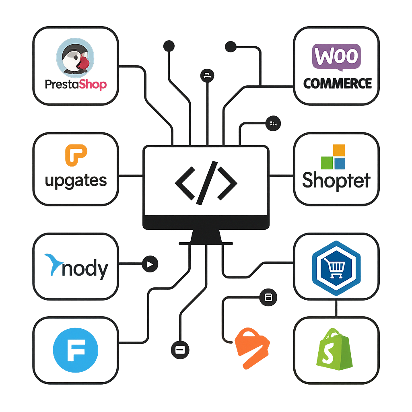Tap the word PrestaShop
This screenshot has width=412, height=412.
tap(76, 85)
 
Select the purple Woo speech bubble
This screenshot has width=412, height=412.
tap(336, 56)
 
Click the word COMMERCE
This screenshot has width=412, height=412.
tap(337, 83)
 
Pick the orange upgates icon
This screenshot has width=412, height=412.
tap(76, 155)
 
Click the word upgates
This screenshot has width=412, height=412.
tap(76, 181)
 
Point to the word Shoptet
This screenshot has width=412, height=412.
tap(336, 180)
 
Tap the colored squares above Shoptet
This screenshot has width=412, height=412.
tap(334, 157)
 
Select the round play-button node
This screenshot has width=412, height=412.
tap(150, 264)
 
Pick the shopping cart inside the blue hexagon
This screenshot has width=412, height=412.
tap(336, 267)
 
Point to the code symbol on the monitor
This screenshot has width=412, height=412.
tap(206, 181)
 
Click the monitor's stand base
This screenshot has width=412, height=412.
tap(206, 243)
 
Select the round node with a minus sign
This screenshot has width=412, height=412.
tap(179, 350)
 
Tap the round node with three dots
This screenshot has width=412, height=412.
tap(273, 123)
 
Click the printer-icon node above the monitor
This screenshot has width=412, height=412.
tap(207, 75)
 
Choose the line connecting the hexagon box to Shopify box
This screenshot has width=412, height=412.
tap(336, 308)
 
